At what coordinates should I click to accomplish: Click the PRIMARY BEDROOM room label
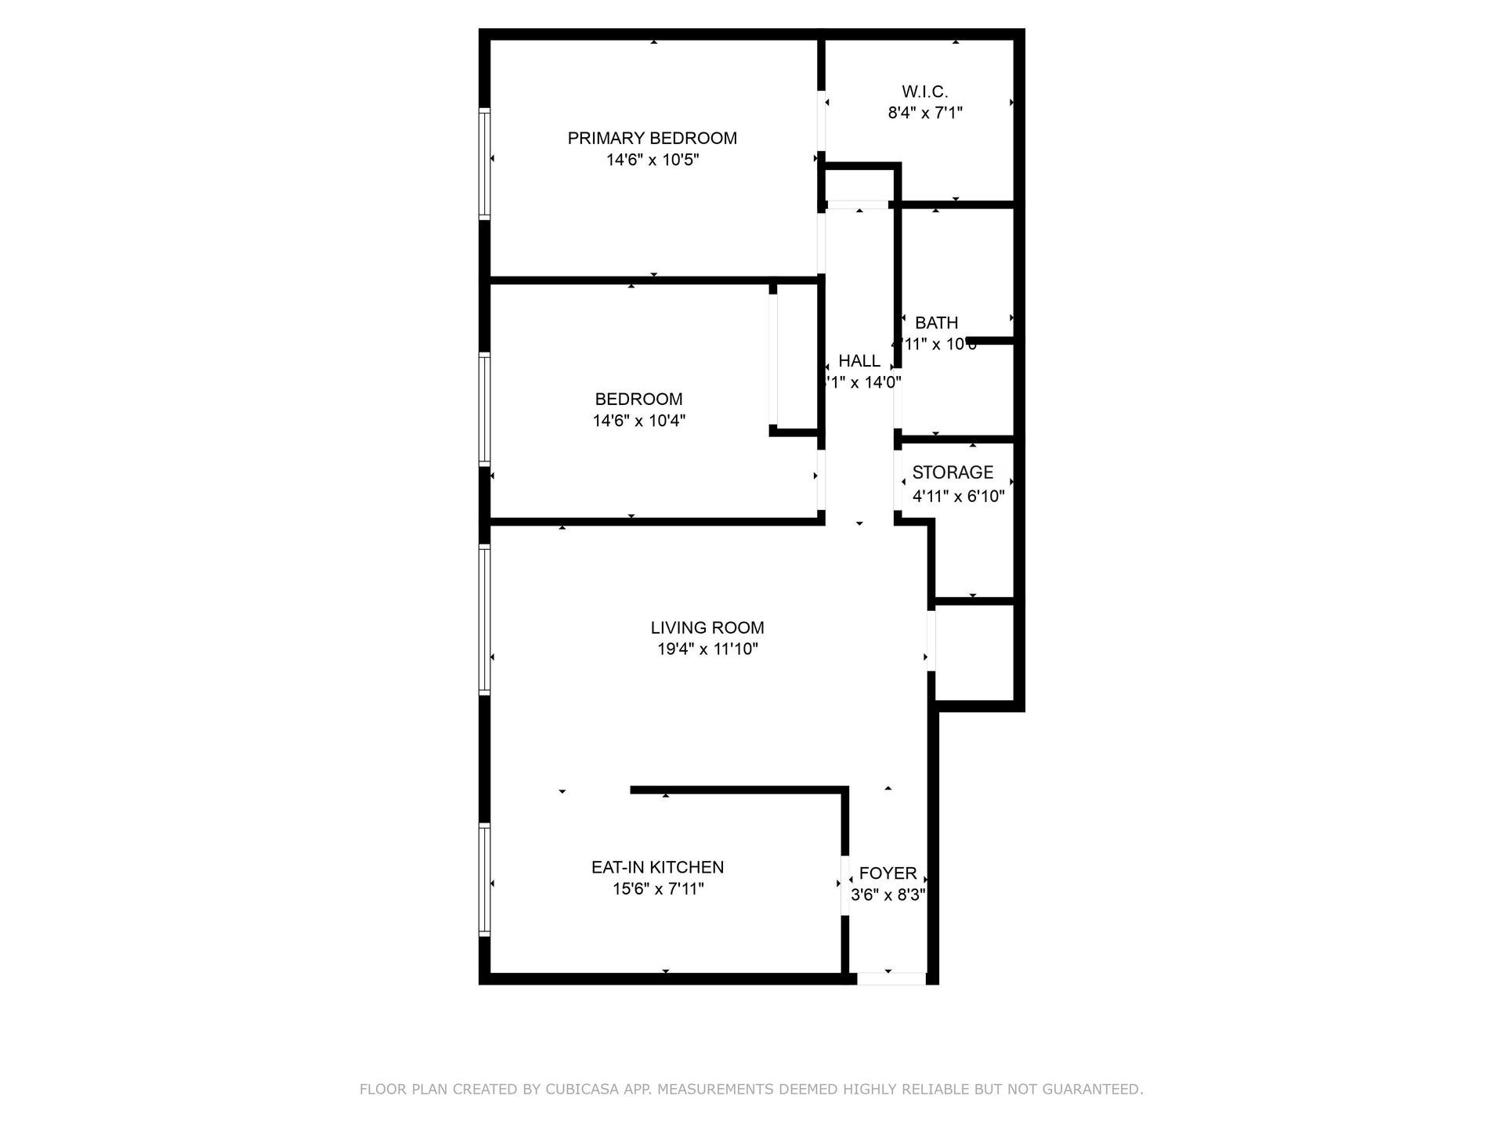tap(652, 139)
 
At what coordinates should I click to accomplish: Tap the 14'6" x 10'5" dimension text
tap(652, 161)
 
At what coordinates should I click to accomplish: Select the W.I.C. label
tap(924, 92)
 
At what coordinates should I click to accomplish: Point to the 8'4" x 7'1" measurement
tap(924, 113)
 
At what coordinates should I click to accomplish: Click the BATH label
tap(936, 323)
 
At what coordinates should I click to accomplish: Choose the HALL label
tap(859, 361)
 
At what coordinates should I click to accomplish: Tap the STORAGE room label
tap(953, 472)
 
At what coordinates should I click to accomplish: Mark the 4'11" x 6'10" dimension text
tap(958, 496)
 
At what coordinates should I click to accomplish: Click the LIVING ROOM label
tap(707, 627)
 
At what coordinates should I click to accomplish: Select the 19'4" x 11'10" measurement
tap(707, 649)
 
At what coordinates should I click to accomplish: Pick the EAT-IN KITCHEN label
tap(657, 867)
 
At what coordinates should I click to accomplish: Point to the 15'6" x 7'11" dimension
tap(658, 889)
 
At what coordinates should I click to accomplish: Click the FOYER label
tap(888, 873)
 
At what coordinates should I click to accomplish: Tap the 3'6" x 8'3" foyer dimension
tap(888, 895)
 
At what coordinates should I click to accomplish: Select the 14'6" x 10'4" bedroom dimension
tap(638, 421)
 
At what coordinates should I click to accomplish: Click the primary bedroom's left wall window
tap(485, 163)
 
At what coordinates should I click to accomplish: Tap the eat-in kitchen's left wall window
tap(485, 880)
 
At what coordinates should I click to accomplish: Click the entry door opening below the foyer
tap(891, 978)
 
